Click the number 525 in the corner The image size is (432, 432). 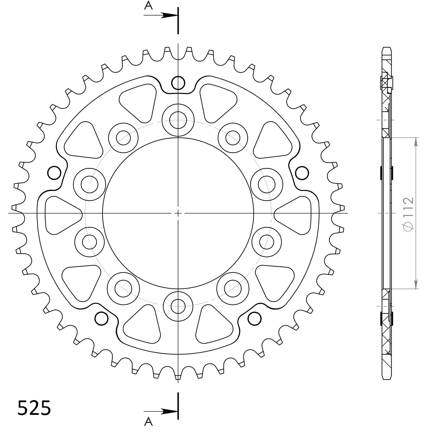click(x=34, y=408)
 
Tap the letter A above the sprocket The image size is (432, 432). click(x=148, y=5)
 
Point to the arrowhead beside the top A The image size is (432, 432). click(x=170, y=15)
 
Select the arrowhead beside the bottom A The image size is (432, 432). click(x=170, y=411)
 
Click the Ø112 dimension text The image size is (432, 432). click(x=408, y=214)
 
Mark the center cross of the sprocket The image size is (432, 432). click(x=178, y=213)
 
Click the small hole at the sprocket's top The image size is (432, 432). click(x=178, y=83)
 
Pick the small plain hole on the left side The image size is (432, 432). click(x=54, y=173)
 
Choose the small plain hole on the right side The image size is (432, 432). click(x=302, y=173)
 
